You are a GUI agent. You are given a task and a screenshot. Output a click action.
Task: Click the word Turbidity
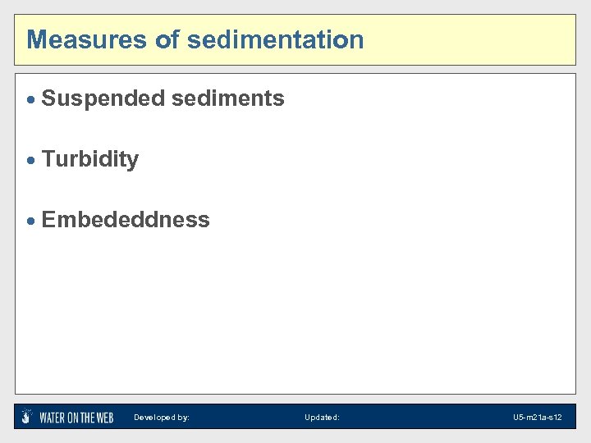point(90,159)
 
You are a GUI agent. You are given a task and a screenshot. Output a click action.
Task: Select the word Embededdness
point(126,220)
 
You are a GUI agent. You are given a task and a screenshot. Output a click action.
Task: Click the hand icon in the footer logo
point(27,416)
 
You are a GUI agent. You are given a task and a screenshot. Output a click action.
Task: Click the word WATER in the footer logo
point(53,418)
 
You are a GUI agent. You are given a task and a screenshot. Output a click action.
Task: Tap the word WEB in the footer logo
point(104,418)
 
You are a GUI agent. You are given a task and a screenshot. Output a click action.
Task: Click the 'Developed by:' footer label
point(162,418)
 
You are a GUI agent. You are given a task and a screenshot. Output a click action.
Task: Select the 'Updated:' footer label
point(322,418)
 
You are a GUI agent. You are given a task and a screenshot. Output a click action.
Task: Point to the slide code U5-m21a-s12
point(538,418)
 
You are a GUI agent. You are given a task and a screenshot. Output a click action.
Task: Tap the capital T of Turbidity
point(48,159)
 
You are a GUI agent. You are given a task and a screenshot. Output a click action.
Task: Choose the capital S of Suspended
point(48,99)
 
